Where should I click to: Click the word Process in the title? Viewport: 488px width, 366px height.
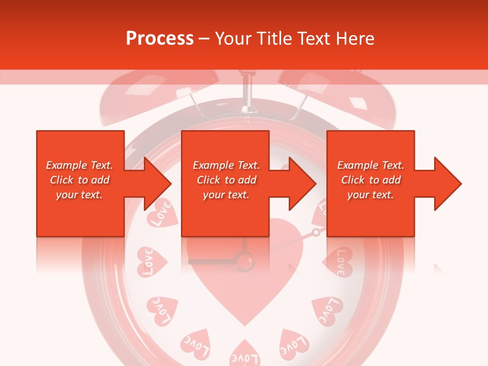coord(160,39)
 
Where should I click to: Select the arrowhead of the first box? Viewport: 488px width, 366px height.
coord(158,184)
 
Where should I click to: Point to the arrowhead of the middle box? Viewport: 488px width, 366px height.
coord(302,184)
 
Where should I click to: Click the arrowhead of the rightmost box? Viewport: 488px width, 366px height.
coord(448,184)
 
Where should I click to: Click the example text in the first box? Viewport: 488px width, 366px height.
coord(79,180)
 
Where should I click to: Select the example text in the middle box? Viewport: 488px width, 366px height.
coord(226,180)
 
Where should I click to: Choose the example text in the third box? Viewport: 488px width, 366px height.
coord(371,180)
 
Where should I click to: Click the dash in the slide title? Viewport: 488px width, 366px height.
coord(204,39)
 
